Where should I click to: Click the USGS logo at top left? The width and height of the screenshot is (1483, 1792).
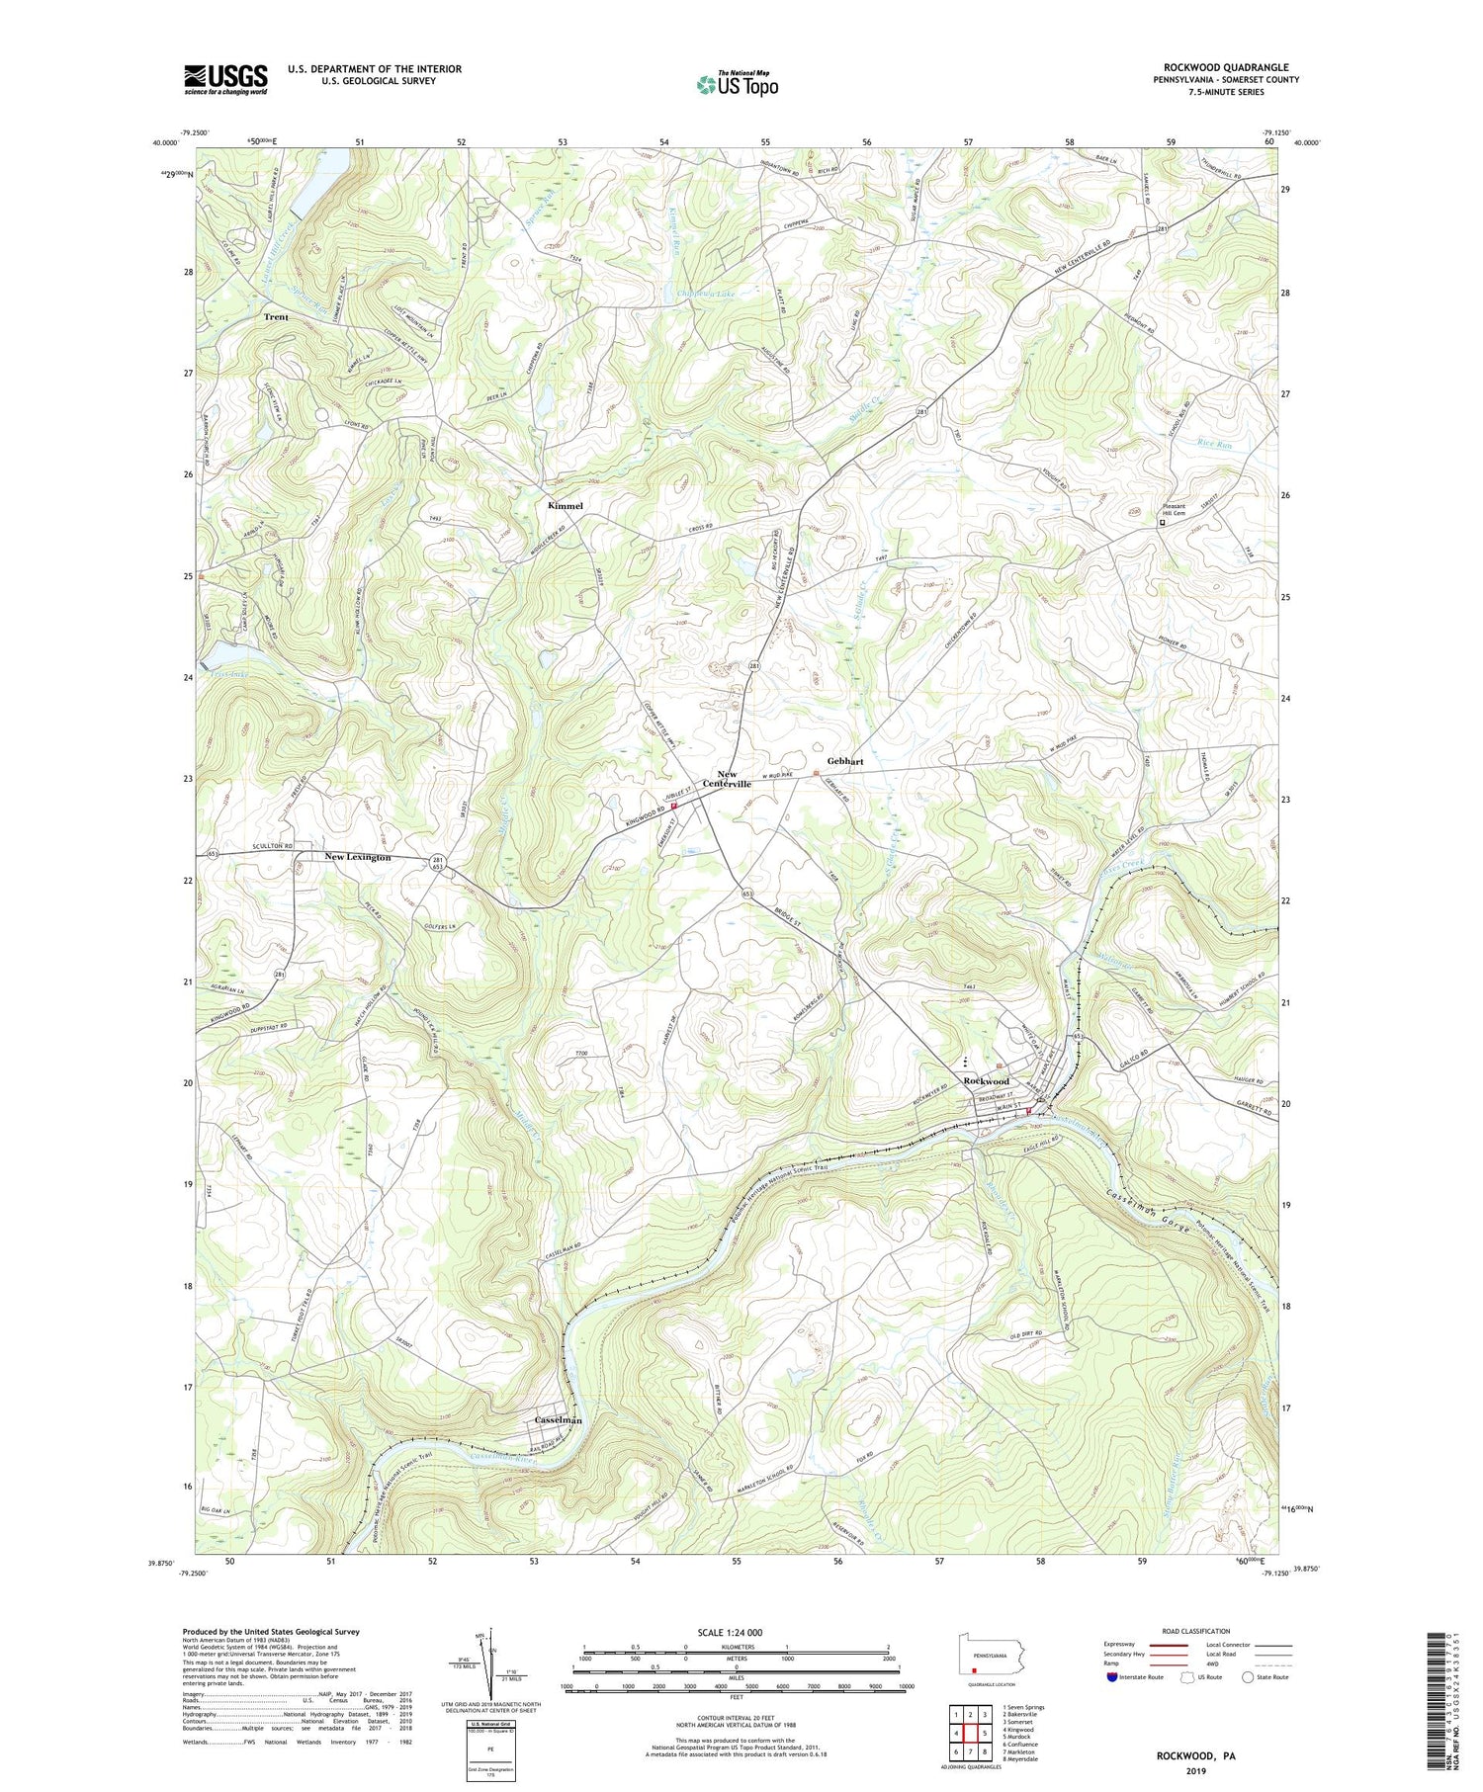225,79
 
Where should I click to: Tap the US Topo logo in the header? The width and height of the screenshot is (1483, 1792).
737,85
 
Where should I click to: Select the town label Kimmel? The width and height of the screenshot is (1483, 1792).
566,505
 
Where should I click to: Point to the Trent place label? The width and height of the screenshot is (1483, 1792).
276,317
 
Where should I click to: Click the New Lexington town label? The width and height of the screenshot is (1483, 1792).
358,857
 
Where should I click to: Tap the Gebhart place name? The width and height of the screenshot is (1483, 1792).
845,762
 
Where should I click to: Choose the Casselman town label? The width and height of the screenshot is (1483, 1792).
558,1420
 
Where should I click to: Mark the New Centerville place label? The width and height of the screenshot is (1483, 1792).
728,779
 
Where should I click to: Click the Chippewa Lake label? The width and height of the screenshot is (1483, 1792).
707,294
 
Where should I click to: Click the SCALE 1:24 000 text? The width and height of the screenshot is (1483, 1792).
737,1633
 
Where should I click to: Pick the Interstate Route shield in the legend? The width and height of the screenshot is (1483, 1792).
1112,1677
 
